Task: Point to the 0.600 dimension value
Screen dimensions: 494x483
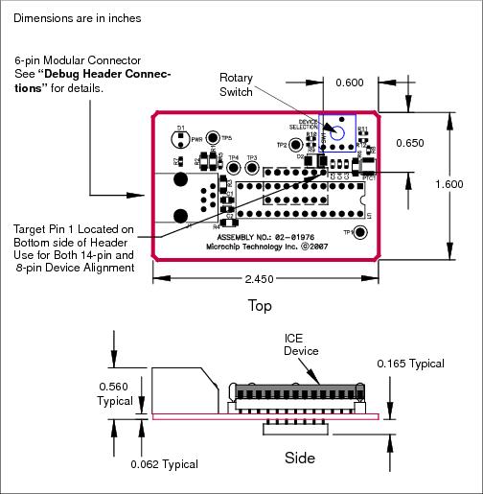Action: click(349, 82)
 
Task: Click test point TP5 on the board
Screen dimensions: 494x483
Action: click(213, 139)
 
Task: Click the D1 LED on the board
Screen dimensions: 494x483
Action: click(182, 139)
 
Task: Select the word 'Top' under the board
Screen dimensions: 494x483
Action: click(260, 307)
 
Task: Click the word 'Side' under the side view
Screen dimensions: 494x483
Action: click(300, 458)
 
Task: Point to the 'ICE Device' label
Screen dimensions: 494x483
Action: click(299, 344)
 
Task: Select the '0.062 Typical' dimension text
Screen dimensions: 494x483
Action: click(164, 464)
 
